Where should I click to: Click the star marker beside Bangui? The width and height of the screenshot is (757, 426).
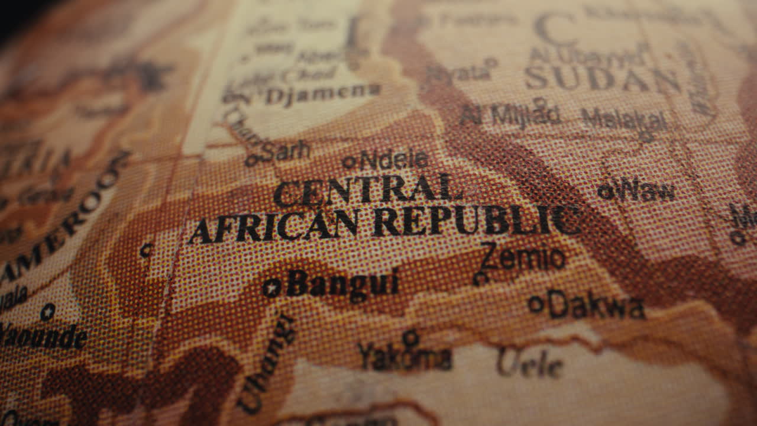point(271,288)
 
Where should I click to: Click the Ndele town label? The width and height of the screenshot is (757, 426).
point(394,159)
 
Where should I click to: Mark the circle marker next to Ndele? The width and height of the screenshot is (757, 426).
point(350,162)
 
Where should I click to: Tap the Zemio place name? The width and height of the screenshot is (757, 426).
point(523,257)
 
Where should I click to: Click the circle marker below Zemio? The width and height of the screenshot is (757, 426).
point(480,277)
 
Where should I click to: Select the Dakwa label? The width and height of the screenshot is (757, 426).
point(596,306)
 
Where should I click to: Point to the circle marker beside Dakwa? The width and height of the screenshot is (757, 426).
point(536,304)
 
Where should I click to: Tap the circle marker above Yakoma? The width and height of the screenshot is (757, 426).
point(410,338)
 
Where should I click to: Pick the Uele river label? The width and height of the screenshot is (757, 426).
point(530,363)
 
